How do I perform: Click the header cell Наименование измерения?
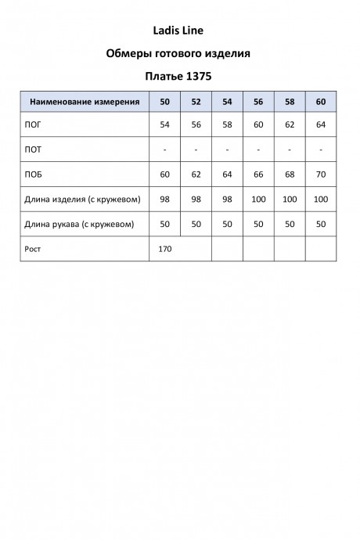[85, 102]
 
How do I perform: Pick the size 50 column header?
[164, 102]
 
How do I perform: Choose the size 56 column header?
[258, 102]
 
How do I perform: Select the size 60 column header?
[321, 102]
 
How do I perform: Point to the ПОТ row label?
[35, 149]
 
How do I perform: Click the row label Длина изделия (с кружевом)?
[83, 200]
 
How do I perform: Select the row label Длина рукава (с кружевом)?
[80, 224]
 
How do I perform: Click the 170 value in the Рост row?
[164, 248]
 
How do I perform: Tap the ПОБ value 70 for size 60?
[321, 175]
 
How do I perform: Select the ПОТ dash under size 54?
[227, 149]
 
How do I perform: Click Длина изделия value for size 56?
[258, 200]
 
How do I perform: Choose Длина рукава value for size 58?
[290, 224]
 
